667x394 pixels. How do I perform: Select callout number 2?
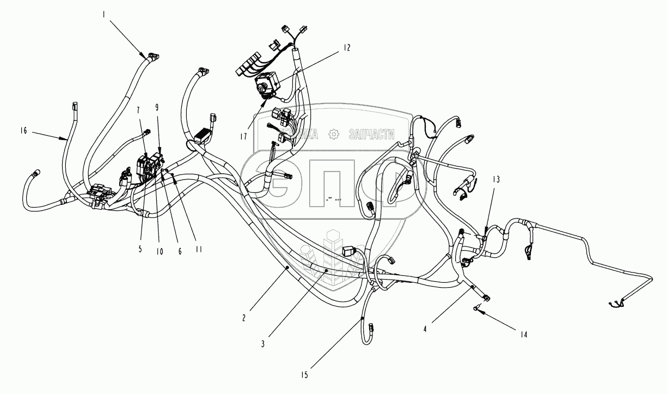pyautogui.click(x=244, y=317)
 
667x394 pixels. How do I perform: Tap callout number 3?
pyautogui.click(x=264, y=343)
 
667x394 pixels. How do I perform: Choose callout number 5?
pyautogui.click(x=139, y=249)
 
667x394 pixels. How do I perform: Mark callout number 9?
pyautogui.click(x=157, y=107)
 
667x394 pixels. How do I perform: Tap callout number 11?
pyautogui.click(x=198, y=249)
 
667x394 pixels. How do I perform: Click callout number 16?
pyautogui.click(x=23, y=131)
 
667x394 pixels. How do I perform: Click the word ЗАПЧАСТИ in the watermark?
pyautogui.click(x=374, y=135)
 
